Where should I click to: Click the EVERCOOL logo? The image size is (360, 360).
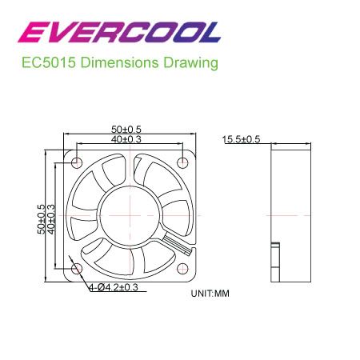click(x=119, y=32)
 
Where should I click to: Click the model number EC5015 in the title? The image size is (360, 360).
click(x=49, y=62)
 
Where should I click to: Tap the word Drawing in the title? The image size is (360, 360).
click(x=190, y=63)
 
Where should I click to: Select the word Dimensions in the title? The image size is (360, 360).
click(x=119, y=62)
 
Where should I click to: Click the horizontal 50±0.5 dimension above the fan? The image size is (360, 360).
click(x=126, y=130)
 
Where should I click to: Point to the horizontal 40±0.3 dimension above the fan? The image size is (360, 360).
click(x=126, y=139)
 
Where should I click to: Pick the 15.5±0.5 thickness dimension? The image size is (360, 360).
click(x=241, y=139)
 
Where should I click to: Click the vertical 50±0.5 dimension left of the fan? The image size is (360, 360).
click(x=42, y=219)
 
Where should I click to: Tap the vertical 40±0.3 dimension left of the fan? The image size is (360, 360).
click(x=51, y=219)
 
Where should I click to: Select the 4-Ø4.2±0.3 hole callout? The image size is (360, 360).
click(x=114, y=287)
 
